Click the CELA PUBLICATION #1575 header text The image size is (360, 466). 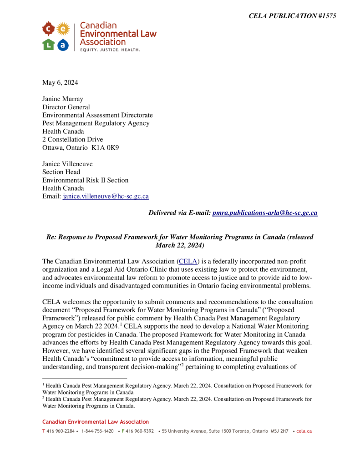(292, 16)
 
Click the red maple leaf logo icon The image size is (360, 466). (48, 30)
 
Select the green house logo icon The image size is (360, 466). (48, 44)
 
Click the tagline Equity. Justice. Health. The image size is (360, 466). (110, 49)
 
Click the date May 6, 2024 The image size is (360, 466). (60, 82)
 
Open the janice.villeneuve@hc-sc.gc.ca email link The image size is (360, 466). (106, 197)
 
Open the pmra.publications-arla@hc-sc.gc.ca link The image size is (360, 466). (265, 213)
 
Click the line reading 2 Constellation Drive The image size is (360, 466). (72, 139)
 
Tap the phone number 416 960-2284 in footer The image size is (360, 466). (61, 431)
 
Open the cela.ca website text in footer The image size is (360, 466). (304, 431)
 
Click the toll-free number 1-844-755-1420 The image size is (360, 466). (97, 431)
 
